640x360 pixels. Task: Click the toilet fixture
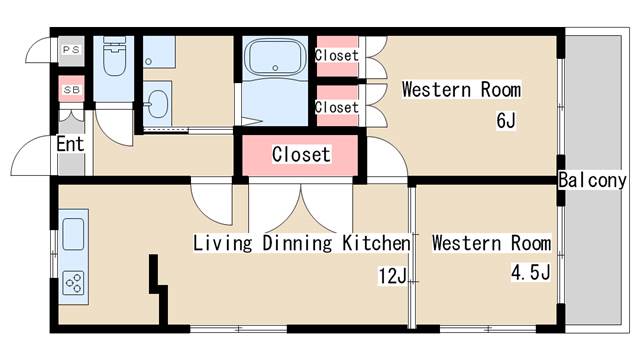(x=114, y=56)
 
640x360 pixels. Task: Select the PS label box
(x=71, y=50)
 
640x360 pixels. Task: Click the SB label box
(x=71, y=89)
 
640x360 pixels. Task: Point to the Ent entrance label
(x=70, y=144)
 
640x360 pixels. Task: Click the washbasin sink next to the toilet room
(x=156, y=104)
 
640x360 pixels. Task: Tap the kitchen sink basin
(x=73, y=234)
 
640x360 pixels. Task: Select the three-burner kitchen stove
(x=73, y=282)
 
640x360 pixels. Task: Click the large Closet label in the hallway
(x=301, y=154)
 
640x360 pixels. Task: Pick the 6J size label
(x=506, y=120)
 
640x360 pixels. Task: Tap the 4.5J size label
(x=530, y=272)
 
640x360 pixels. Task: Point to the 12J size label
(x=393, y=276)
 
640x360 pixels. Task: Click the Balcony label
(x=592, y=180)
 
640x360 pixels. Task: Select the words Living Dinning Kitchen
(x=302, y=243)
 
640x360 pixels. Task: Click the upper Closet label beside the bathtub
(x=337, y=55)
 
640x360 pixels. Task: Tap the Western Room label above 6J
(x=461, y=89)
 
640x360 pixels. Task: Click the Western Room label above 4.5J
(x=491, y=243)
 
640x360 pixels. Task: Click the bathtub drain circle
(x=275, y=68)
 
